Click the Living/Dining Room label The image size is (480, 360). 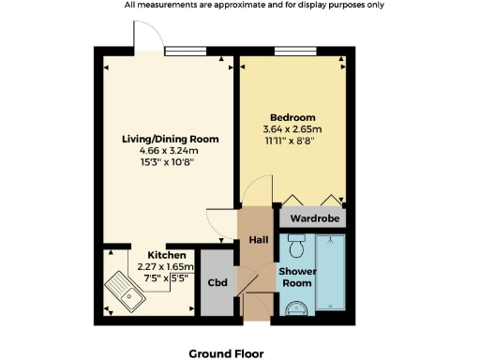(x=171, y=139)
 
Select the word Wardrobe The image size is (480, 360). (x=312, y=217)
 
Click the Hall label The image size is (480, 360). (x=258, y=240)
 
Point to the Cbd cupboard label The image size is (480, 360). (x=217, y=283)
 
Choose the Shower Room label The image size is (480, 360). (x=296, y=277)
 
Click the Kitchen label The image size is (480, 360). (x=167, y=255)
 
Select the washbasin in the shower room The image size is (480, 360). (x=297, y=307)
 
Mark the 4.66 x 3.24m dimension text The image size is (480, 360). (x=171, y=150)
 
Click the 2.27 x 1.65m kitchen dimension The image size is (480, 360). (x=165, y=266)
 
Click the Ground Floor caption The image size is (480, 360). (x=227, y=353)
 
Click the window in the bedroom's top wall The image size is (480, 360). (x=293, y=52)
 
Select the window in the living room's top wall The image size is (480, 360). (x=186, y=52)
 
